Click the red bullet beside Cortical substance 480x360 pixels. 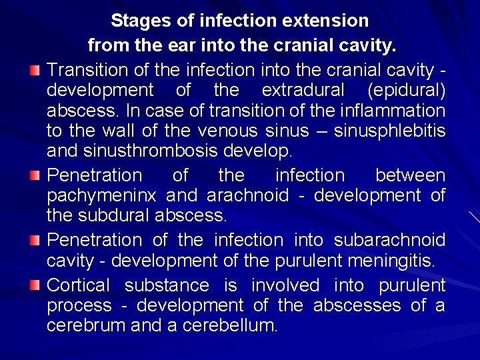(35, 285)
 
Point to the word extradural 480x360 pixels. (303, 90)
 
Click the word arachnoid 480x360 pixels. (248, 195)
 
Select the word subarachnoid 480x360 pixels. (390, 240)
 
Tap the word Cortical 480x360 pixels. (79, 285)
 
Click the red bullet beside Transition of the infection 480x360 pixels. (35, 70)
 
